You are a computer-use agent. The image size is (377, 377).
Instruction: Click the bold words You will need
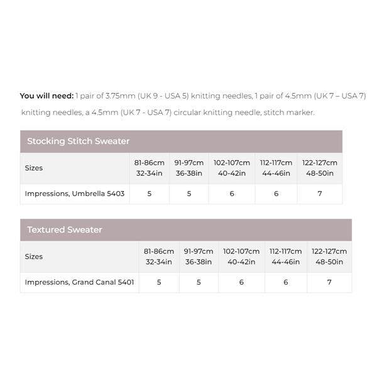46,96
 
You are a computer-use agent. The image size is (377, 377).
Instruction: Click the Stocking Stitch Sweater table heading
78,141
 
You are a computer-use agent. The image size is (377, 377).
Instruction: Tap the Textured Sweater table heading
64,230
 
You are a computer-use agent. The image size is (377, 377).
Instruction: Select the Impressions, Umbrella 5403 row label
75,194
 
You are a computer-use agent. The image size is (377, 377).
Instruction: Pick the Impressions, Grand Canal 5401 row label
79,282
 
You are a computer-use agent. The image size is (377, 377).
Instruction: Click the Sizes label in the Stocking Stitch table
34,168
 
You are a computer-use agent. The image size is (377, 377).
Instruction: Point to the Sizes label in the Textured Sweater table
34,256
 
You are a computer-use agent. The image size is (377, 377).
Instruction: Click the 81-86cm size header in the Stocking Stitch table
150,163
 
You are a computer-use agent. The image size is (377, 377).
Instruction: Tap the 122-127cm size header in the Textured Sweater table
329,251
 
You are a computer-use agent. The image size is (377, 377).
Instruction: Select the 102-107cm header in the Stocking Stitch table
232,163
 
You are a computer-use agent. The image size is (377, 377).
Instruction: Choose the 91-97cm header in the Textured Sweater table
199,251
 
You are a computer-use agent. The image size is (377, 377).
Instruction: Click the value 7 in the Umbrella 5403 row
320,194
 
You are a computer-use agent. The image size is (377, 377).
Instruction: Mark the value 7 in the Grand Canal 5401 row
329,282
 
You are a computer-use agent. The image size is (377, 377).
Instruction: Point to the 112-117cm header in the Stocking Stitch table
276,163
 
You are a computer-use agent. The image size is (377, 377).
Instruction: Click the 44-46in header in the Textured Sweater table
286,261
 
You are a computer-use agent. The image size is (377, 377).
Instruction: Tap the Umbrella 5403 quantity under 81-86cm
150,194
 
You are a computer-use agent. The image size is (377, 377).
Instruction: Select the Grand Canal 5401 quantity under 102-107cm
241,282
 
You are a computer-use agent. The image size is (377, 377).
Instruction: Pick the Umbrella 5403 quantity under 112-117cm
276,194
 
